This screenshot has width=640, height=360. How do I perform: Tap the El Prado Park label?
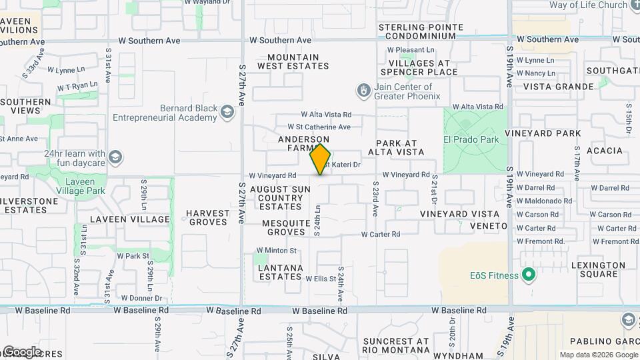point(471,140)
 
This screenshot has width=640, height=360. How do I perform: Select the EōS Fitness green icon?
point(529,275)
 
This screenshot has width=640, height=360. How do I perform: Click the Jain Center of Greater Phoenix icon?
point(363,90)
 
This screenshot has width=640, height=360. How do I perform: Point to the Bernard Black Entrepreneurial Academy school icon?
point(227,112)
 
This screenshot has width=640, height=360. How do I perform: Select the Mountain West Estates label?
point(293,61)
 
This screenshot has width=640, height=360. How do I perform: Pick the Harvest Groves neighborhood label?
point(208,217)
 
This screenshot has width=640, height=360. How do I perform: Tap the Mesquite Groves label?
point(286,227)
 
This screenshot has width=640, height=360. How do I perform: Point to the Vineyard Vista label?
point(459,214)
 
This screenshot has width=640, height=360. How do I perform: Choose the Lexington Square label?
point(598,269)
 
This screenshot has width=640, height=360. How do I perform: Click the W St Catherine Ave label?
point(319,127)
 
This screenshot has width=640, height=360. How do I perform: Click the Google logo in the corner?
point(21,351)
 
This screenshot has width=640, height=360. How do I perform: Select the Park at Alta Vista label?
point(400,147)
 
